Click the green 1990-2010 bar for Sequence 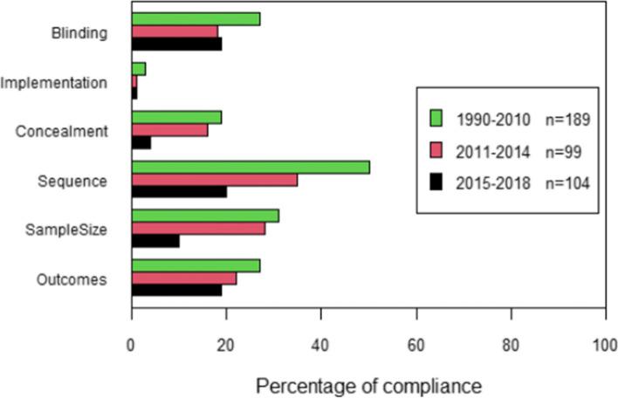tap(251, 167)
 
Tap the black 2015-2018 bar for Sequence tap(179, 192)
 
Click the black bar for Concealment tap(141, 142)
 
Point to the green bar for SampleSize tap(205, 216)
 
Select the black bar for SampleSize tap(155, 241)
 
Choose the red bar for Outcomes tap(184, 278)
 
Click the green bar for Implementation tap(138, 68)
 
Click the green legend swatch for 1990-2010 tap(438, 119)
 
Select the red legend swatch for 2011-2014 tap(438, 150)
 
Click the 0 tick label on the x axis tap(131, 345)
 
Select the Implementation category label tap(54, 83)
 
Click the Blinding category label tap(79, 34)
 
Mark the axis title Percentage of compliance tap(367, 383)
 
